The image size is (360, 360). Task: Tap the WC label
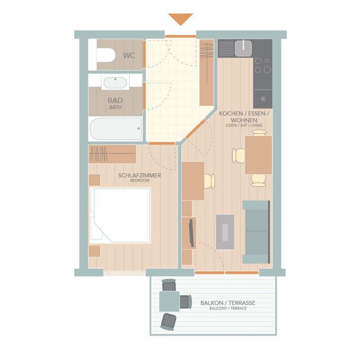coord(129,55)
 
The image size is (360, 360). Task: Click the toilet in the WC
coord(106,55)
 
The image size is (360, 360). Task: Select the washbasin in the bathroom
coord(115,82)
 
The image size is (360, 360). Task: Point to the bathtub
coord(116,129)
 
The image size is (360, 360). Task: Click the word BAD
coord(115,100)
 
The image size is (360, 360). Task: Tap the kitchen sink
coord(243,48)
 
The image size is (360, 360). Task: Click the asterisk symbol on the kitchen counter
coord(263,99)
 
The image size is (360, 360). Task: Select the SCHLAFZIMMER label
coord(139,175)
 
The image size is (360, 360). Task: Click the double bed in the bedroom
coord(120,216)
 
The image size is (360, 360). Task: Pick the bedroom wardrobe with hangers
coord(112,154)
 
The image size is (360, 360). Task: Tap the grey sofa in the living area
coord(256,232)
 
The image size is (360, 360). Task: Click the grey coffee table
coord(225,232)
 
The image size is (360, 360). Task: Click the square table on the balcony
coord(170,301)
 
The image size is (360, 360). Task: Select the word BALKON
coord(211,303)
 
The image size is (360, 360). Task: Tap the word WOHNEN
coord(244,120)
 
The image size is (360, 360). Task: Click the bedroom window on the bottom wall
coord(124,273)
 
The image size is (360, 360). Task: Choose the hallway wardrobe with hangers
coord(207,72)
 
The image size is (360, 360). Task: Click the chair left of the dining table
coord(239,156)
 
